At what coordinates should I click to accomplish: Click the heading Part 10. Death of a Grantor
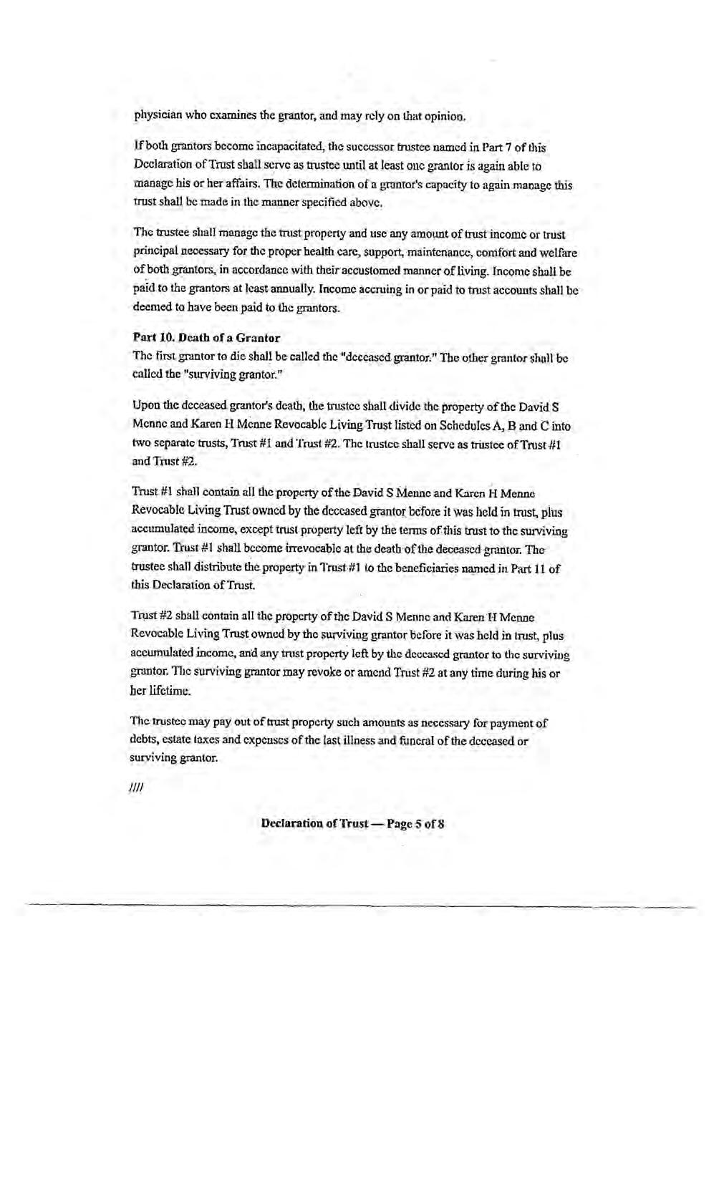point(206,337)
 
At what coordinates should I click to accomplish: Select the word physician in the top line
point(158,115)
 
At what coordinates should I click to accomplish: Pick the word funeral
point(420,741)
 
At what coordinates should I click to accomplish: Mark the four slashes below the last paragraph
point(137,788)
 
